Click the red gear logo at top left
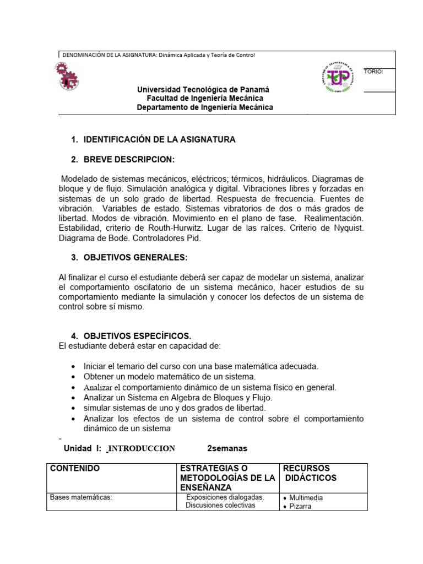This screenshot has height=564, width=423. coord(67,76)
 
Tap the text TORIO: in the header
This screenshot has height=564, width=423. coord(373,72)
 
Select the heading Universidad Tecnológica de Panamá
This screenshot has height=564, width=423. coord(203,89)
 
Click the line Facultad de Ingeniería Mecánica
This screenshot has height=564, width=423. coord(204,98)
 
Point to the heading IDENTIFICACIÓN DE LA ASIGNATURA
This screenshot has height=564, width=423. coord(159,140)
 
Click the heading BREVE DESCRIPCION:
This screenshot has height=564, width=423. coord(129,160)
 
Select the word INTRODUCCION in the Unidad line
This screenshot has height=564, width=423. coord(142,448)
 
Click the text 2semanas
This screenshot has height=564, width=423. coord(227,448)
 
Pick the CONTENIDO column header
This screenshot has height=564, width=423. coord(75,469)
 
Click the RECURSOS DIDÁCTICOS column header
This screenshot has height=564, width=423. coord(310,473)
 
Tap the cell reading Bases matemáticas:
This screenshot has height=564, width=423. coord(81,498)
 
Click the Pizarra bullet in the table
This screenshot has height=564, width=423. coord(300,507)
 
